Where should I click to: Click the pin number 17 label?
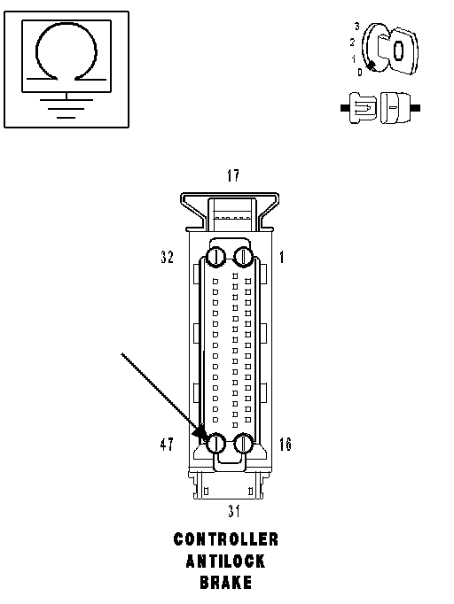coord(233,175)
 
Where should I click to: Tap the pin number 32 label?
coord(167,257)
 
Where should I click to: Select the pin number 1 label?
coord(282,257)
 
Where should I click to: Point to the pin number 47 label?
coord(167,444)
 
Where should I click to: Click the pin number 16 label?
coord(285,444)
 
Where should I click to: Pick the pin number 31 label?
coord(234,511)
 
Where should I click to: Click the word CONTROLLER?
coord(225,539)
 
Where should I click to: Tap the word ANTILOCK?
coord(225,561)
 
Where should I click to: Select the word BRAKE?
coord(225,583)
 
